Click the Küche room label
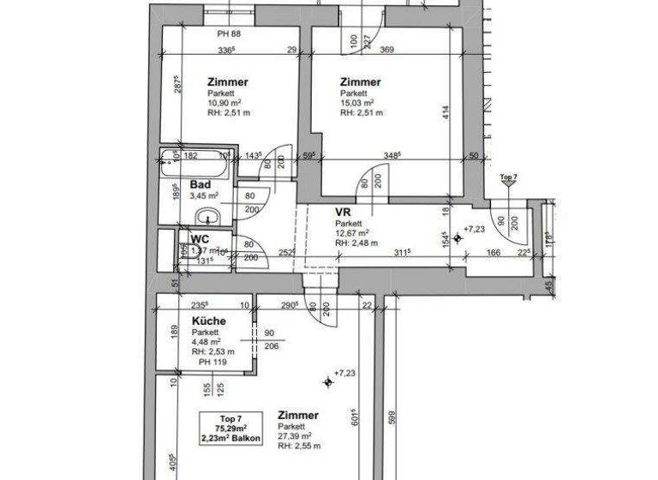pos(209,321)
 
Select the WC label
pos(200,239)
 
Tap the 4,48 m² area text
pos(206,341)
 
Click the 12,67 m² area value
pos(352,232)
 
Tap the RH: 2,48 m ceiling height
pos(356,243)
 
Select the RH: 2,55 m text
pos(299,447)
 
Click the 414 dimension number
pos(446,111)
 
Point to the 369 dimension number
pos(386,51)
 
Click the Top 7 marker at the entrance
pos(508,177)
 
